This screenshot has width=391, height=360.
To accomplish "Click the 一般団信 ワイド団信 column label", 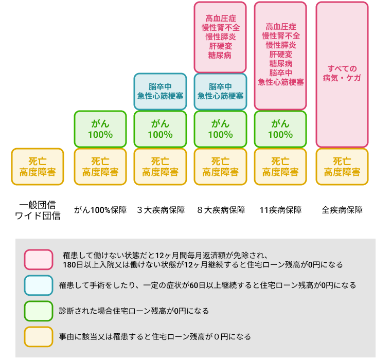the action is [x=38, y=210].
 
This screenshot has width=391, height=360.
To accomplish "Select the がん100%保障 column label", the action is [x=100, y=210].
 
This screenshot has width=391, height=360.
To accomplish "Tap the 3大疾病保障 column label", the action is [x=161, y=210].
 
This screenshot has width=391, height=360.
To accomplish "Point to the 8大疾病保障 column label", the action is [x=221, y=210].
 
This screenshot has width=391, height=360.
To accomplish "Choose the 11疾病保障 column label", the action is [x=280, y=210].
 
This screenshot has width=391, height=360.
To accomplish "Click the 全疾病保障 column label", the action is [x=342, y=210].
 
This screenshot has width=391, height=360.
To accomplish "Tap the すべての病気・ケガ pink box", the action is [x=342, y=75].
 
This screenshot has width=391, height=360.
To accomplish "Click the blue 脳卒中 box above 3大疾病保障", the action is [x=160, y=92].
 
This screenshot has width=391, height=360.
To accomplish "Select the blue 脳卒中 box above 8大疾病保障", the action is [x=220, y=92].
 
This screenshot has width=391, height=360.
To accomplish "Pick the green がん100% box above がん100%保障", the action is [x=100, y=129].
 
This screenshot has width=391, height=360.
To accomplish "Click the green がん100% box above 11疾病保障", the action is [x=280, y=129].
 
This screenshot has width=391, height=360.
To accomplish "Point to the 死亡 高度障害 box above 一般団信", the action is [x=38, y=167].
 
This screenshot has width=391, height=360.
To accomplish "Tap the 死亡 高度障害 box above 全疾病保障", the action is [x=342, y=167].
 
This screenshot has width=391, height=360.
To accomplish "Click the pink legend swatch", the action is [x=39, y=260].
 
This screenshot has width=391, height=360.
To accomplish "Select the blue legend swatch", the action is [x=39, y=285].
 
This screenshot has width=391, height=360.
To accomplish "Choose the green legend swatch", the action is [x=39, y=311].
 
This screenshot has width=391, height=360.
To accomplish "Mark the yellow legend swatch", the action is [x=39, y=336].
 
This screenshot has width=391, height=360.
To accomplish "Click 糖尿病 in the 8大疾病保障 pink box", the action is [x=220, y=55].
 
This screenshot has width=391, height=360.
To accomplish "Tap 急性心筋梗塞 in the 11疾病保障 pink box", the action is [x=281, y=82].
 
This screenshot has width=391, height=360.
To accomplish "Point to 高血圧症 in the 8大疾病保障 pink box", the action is [x=221, y=18].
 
